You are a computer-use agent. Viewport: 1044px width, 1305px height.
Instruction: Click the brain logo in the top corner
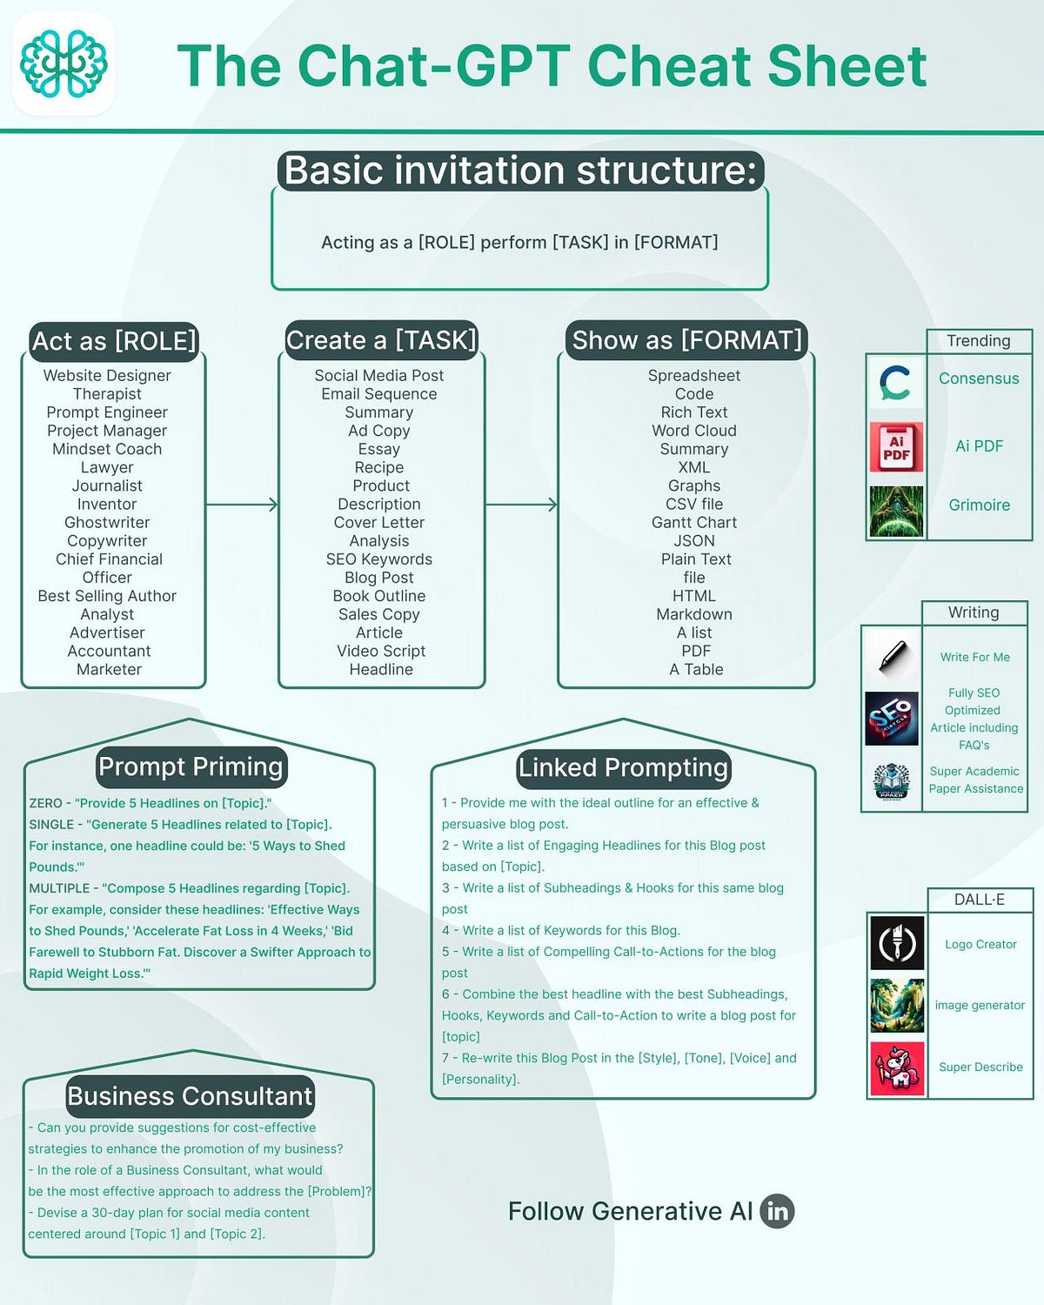[x=64, y=64]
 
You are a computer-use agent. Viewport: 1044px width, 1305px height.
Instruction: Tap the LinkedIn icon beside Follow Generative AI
[x=777, y=1211]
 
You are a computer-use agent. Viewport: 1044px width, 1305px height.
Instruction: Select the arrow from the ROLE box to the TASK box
[x=242, y=504]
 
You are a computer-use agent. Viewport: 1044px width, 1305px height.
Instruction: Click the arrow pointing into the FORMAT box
[x=521, y=504]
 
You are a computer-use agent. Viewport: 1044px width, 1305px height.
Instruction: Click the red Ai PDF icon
[x=896, y=447]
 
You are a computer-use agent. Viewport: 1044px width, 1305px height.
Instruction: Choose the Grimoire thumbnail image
[x=896, y=511]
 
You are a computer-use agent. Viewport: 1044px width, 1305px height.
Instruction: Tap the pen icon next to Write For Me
[x=892, y=657]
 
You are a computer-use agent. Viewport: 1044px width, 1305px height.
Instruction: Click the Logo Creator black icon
[x=897, y=943]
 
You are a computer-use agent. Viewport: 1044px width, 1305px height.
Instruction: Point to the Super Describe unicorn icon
[x=897, y=1068]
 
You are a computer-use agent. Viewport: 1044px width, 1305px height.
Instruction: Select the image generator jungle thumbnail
[x=897, y=1006]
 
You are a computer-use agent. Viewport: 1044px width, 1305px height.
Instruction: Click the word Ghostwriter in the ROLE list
[x=107, y=522]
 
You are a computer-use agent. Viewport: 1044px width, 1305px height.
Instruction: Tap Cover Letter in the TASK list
[x=379, y=522]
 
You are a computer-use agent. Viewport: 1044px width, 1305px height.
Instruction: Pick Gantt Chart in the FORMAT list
[x=694, y=522]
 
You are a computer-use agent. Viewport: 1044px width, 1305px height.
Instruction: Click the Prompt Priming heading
[x=191, y=766]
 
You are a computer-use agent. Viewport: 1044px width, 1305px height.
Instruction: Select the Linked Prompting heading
[x=623, y=767]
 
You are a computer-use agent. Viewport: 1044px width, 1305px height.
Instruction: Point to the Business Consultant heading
[x=190, y=1096]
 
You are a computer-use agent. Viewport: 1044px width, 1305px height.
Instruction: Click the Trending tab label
[x=979, y=341]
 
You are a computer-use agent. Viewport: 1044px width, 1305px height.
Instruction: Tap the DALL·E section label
[x=980, y=900]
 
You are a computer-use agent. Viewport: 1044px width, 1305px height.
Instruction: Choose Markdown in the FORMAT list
[x=694, y=614]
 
